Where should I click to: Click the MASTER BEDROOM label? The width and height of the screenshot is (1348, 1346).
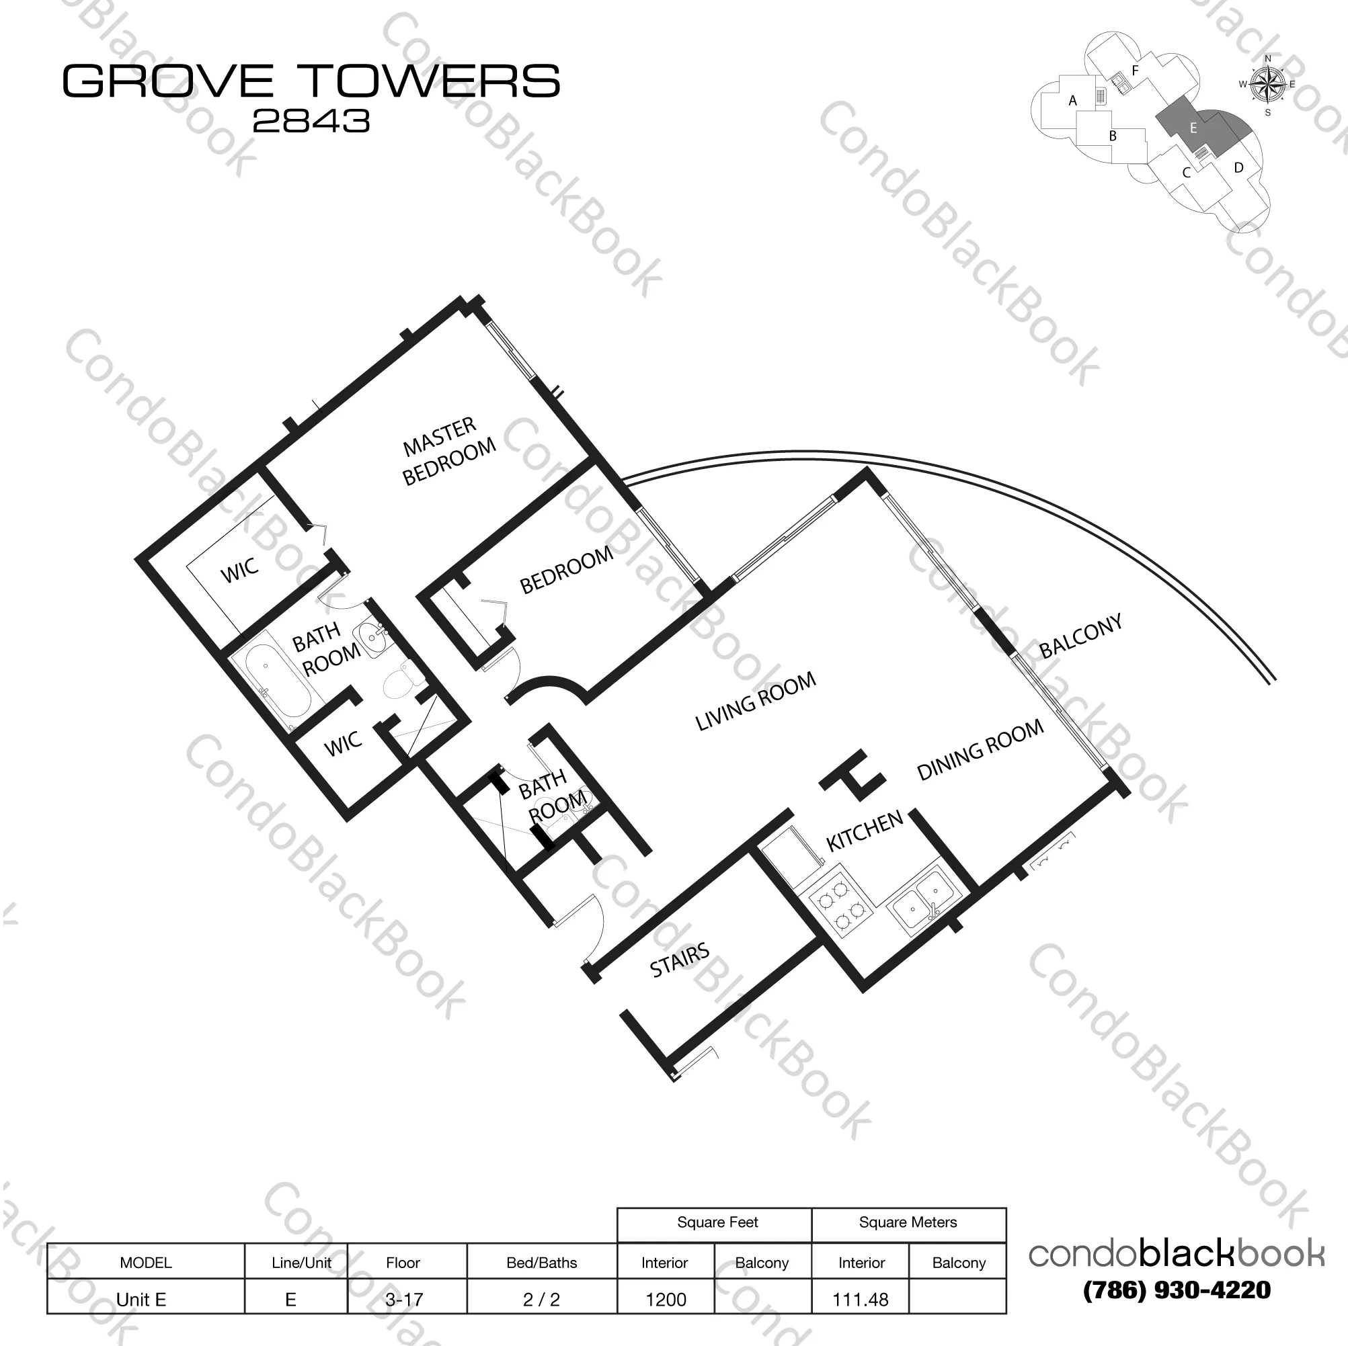click(448, 452)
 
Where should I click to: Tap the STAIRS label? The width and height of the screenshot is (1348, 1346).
click(679, 960)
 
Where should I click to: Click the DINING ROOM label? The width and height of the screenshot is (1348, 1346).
click(980, 750)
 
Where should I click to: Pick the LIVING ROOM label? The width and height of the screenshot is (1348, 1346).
click(755, 701)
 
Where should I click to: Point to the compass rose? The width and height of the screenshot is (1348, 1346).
click(1268, 85)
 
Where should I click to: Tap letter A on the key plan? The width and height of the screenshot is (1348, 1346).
click(1073, 101)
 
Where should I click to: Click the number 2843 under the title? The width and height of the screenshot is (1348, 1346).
click(311, 122)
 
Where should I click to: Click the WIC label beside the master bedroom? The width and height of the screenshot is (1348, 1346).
click(239, 571)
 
